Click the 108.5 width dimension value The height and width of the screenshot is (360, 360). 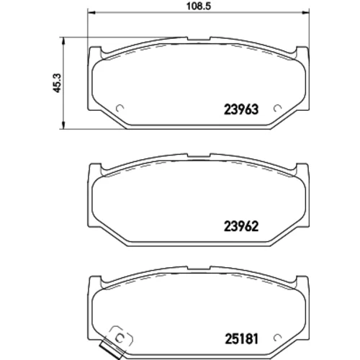tap(199, 6)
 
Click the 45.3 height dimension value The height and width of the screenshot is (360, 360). tap(58, 83)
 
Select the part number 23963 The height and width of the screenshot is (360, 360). tap(241, 109)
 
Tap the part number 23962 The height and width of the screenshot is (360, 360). tap(241, 226)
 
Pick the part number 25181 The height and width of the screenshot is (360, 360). tap(241, 339)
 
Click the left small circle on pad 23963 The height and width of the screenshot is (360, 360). tap(120, 109)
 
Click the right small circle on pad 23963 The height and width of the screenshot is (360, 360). tap(277, 109)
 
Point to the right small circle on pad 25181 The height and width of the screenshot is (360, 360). tap(277, 338)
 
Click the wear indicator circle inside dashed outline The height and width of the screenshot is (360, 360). tap(120, 338)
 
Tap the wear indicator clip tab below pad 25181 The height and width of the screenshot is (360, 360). tap(112, 349)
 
